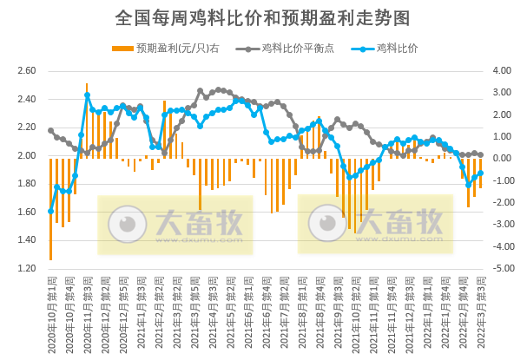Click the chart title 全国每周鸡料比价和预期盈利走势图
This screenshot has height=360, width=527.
tap(263, 18)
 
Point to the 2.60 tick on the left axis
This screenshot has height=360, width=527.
tap(27, 71)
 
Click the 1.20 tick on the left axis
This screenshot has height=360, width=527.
tap(27, 268)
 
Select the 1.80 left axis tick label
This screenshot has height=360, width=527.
tap(27, 184)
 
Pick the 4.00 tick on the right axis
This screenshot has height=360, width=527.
tap(504, 71)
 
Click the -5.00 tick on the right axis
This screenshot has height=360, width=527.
tap(504, 268)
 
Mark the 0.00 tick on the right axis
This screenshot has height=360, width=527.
tap(504, 159)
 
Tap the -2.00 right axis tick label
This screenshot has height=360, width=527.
tap(504, 203)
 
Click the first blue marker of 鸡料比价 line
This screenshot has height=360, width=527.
tap(50, 211)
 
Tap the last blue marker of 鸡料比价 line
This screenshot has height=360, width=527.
tap(481, 173)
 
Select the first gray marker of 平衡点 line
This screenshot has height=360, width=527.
tap(50, 130)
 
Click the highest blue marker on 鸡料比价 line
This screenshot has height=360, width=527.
tap(87, 95)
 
